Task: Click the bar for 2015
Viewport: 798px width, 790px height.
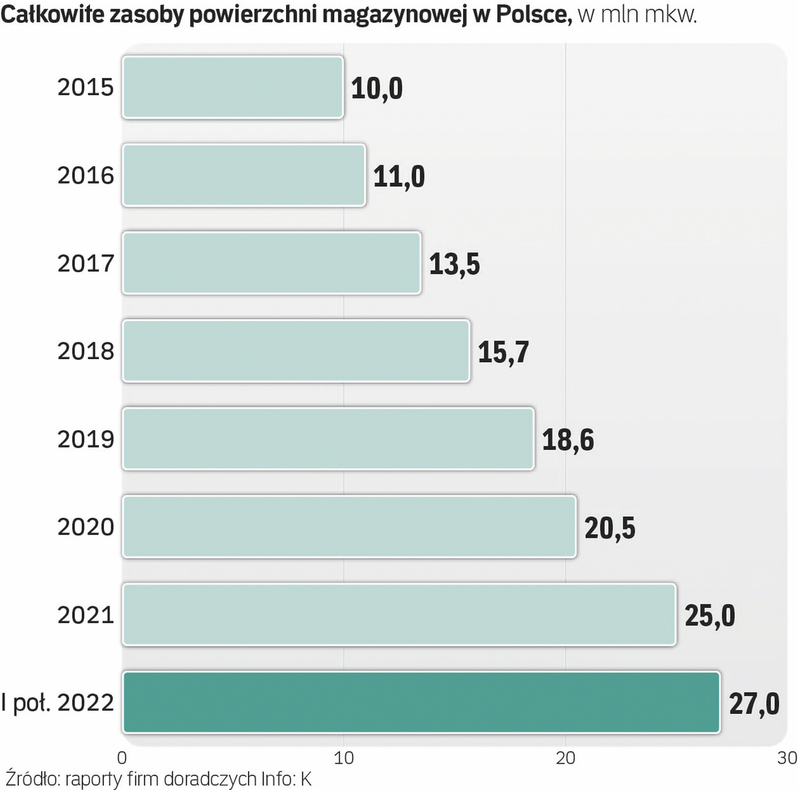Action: tap(233, 87)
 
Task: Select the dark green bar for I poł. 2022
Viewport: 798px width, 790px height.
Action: tap(421, 702)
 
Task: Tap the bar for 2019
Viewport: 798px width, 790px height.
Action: tap(328, 439)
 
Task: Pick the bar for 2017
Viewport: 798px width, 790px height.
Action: tap(271, 263)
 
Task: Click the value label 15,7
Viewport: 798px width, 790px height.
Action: tap(503, 352)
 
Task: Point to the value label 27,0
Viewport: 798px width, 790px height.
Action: tap(753, 704)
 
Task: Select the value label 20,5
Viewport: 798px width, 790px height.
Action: tap(609, 527)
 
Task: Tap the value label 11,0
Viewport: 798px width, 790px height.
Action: tap(399, 176)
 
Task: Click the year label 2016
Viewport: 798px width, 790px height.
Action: tap(86, 176)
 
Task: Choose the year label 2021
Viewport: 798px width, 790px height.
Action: tap(86, 615)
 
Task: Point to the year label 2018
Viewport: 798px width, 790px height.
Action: tap(86, 352)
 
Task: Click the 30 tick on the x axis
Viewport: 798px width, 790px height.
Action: tap(787, 755)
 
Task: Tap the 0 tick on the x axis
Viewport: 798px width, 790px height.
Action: tap(122, 755)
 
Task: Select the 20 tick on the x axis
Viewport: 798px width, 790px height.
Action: tap(565, 755)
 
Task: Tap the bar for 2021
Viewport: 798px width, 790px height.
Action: tap(399, 614)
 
